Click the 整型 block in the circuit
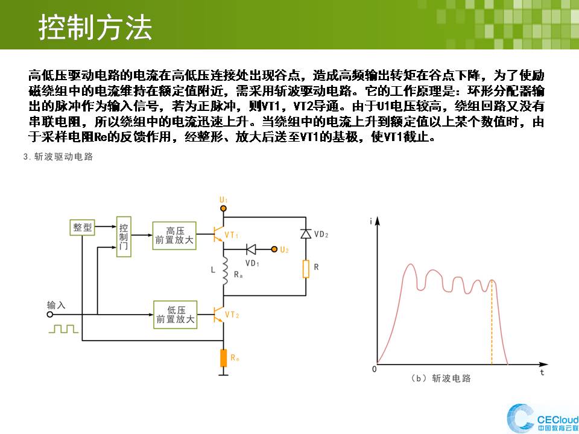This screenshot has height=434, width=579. (82, 227)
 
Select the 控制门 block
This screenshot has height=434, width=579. (124, 236)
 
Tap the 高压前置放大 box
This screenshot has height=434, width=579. (174, 236)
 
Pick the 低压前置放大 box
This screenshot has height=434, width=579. (175, 315)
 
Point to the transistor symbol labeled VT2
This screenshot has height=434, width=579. (218, 315)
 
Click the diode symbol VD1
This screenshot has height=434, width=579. (251, 250)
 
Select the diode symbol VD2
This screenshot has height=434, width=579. (306, 234)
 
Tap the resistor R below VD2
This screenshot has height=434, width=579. (306, 269)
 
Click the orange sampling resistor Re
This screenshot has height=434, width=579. (223, 358)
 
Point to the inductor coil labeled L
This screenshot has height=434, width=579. (224, 272)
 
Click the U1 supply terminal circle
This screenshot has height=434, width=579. (223, 209)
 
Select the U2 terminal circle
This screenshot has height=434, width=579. (274, 250)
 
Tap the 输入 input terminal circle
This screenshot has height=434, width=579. (50, 315)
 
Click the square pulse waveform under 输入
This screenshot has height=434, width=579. (63, 329)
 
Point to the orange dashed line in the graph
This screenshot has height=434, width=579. (492, 322)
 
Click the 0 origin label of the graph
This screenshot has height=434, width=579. (375, 370)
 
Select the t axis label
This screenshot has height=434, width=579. (542, 372)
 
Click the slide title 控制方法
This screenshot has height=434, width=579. (95, 27)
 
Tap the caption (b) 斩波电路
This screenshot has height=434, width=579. (440, 379)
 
